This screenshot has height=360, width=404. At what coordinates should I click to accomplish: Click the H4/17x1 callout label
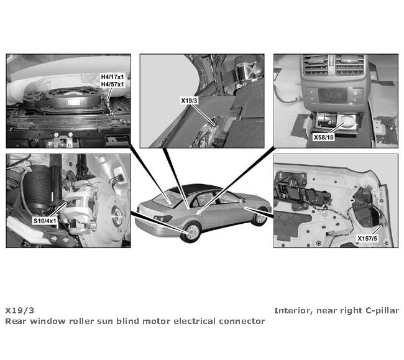[112, 77]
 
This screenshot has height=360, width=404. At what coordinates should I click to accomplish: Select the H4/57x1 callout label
[112, 84]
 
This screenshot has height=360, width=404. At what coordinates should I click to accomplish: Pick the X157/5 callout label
[369, 238]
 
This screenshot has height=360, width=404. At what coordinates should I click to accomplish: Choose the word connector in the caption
[242, 321]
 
